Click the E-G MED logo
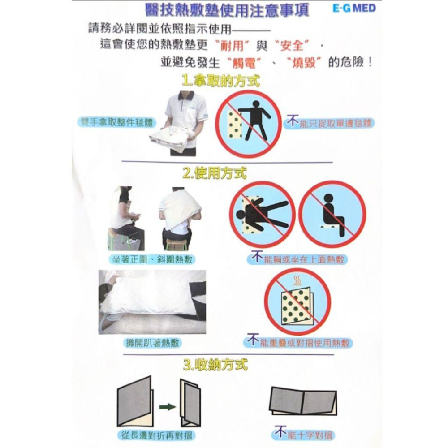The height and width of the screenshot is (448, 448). pos(355,9)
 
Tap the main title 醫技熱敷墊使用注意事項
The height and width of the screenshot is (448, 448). pos(227,10)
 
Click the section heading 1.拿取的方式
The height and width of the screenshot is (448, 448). pos(221,81)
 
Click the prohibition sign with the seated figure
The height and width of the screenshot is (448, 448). pos(332,215)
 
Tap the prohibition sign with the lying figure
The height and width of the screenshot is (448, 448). pos(263,215)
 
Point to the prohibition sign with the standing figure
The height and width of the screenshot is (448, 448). pos(249,124)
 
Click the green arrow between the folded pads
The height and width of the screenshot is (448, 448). pos(167,407)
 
